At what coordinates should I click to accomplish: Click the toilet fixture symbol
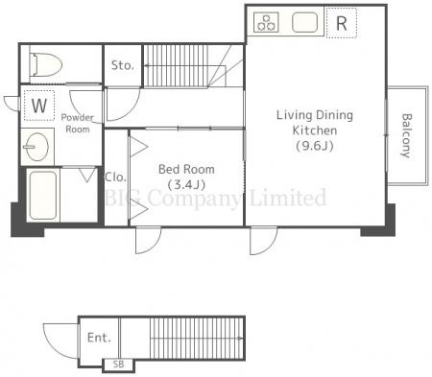(x=45, y=65)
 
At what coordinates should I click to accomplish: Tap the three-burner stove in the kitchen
(x=266, y=22)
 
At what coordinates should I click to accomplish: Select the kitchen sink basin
(x=305, y=22)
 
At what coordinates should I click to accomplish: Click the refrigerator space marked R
(x=342, y=23)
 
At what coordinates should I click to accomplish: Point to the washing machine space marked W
(x=39, y=106)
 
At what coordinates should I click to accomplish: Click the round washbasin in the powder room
(x=36, y=147)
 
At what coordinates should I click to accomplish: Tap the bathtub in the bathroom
(x=42, y=196)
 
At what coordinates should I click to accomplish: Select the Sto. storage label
(x=122, y=65)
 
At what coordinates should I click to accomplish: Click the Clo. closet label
(x=115, y=177)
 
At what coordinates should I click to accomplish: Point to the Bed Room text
(x=186, y=169)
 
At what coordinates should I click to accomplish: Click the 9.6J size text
(x=315, y=146)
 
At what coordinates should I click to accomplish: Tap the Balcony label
(x=406, y=135)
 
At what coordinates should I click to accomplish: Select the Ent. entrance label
(x=99, y=338)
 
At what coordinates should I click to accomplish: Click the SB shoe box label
(x=118, y=365)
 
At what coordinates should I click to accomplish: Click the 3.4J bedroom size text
(x=186, y=184)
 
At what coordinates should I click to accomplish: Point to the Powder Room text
(x=78, y=123)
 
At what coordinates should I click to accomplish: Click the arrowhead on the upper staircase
(x=146, y=66)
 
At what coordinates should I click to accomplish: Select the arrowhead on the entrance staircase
(x=241, y=338)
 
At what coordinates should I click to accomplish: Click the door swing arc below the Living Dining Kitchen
(x=270, y=246)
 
